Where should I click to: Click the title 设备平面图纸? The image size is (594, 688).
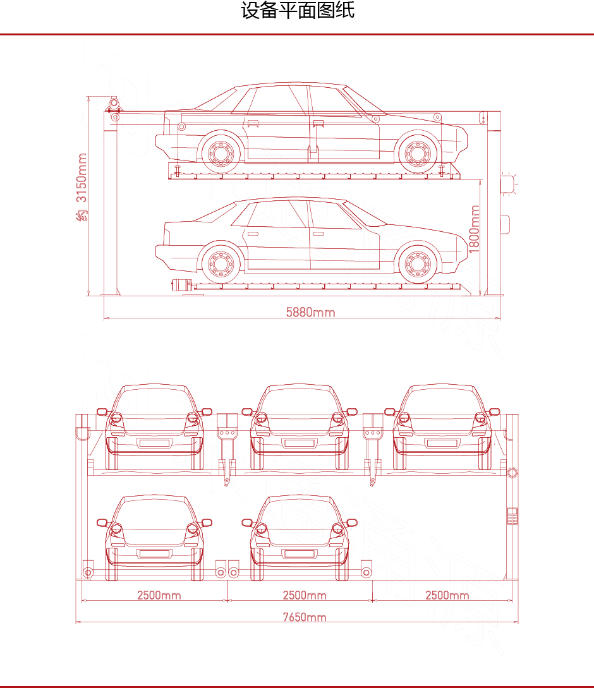coord(297,11)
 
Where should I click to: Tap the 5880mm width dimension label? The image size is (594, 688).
coord(310,312)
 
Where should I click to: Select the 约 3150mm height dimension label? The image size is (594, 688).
coord(82,187)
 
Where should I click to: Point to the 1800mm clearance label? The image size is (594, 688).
coord(474,229)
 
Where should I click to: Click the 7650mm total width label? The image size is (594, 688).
coord(304,617)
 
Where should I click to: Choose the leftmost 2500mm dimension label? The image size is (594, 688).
coord(159,595)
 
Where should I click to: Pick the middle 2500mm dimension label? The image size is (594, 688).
coord(304,595)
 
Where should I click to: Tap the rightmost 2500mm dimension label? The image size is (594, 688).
coord(447,595)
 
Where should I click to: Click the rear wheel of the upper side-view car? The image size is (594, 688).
coord(221,153)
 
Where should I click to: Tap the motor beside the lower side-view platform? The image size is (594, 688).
coord(182,285)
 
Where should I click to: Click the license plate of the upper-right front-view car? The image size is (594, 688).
coord(442,443)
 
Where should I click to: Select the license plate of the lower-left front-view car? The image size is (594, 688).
coord(155,554)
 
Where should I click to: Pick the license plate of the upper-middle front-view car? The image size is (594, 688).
coord(300,443)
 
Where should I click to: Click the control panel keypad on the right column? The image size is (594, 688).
coord(512,516)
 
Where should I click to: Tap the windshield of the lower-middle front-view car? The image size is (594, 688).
coord(300,516)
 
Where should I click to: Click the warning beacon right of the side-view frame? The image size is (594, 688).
coord(509,183)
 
